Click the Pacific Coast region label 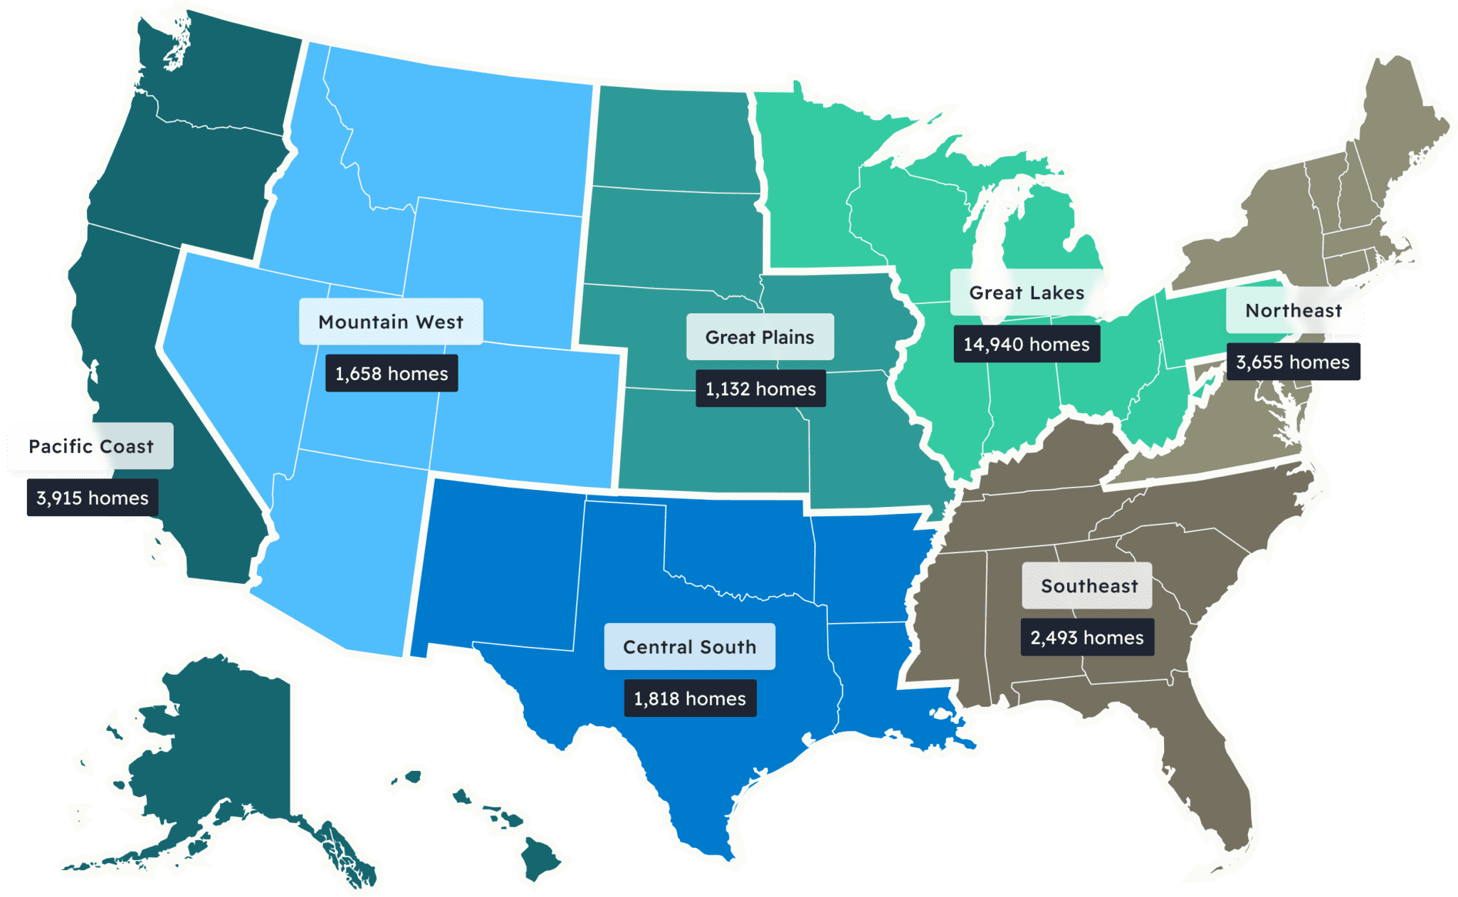click(x=91, y=446)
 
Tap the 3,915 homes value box click(x=93, y=498)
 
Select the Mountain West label click(x=391, y=322)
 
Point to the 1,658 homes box click(x=392, y=374)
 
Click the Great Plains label click(x=760, y=337)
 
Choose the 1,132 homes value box click(x=760, y=389)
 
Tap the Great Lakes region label click(x=1027, y=293)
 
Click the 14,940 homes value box click(x=1027, y=345)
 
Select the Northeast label click(x=1294, y=310)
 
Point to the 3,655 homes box click(x=1293, y=362)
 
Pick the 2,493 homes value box click(x=1087, y=638)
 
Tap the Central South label click(x=689, y=646)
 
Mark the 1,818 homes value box click(x=690, y=698)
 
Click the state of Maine click(x=1395, y=121)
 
